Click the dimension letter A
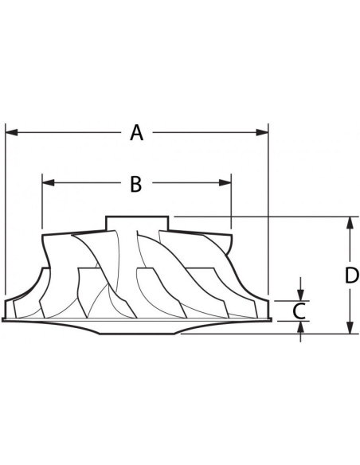click(x=137, y=133)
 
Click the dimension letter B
click(x=135, y=184)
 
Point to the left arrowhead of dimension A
click(x=11, y=133)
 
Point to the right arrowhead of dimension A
click(x=263, y=133)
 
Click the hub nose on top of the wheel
click(x=136, y=221)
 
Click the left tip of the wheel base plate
click(x=4, y=320)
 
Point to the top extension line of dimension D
click(x=263, y=217)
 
